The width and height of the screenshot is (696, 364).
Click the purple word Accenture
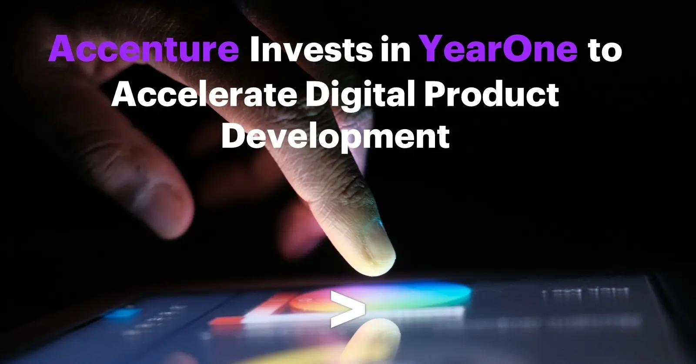click(x=144, y=49)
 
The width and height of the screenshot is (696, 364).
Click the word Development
click(x=335, y=137)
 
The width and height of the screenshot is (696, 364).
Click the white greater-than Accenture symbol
click(x=348, y=309)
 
